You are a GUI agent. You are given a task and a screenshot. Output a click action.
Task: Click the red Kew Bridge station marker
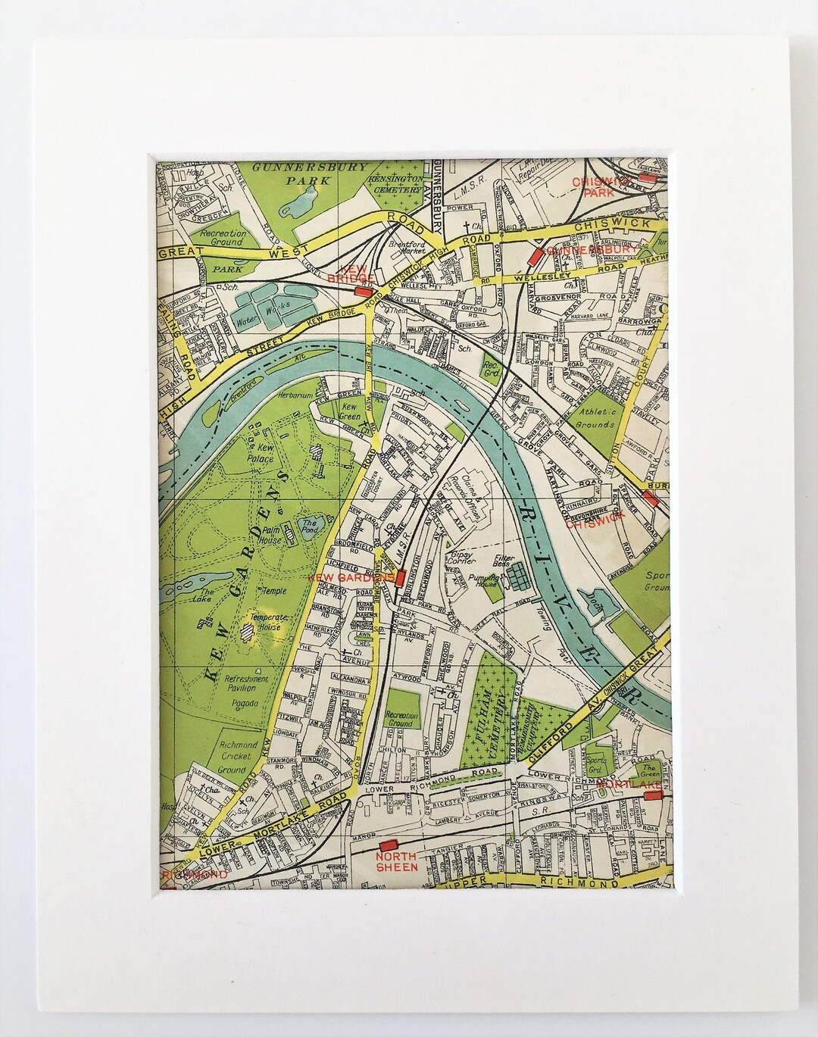coord(363,292)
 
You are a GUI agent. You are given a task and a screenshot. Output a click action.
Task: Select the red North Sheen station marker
coord(389,844)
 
